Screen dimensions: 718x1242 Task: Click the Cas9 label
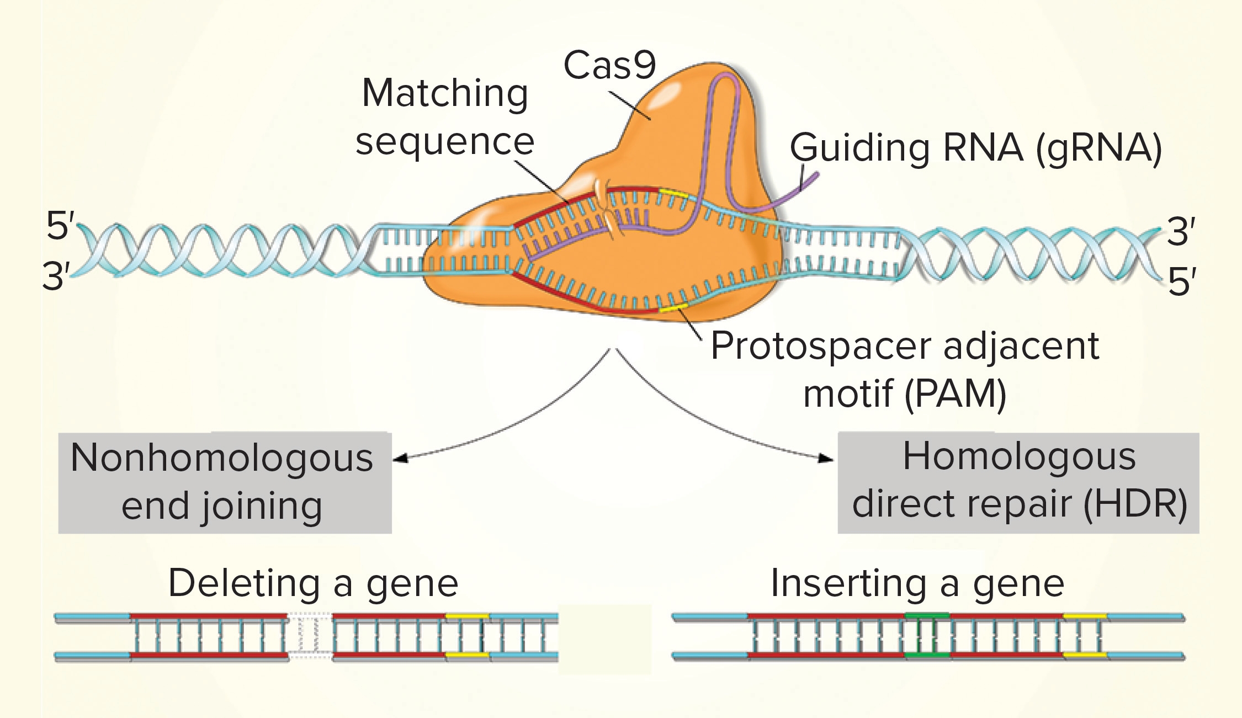point(609,65)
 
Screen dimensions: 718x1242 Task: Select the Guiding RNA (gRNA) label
point(976,148)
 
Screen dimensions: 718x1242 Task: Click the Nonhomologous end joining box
point(225,482)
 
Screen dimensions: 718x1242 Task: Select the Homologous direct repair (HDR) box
point(1018,482)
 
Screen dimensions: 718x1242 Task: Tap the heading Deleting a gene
point(313,583)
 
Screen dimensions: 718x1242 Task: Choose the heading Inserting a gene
point(917,583)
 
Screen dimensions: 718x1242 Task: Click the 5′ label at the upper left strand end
point(60,225)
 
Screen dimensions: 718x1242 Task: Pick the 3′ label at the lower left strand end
point(56,276)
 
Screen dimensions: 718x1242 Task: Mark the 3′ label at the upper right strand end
point(1181,231)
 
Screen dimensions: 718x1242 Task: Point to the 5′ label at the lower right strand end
point(1182,282)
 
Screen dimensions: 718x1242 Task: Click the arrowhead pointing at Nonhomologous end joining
point(401,458)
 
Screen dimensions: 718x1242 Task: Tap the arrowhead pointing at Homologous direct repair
point(826,458)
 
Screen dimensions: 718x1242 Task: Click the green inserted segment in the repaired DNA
point(927,635)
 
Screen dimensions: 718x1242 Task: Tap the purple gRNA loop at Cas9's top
point(724,83)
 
